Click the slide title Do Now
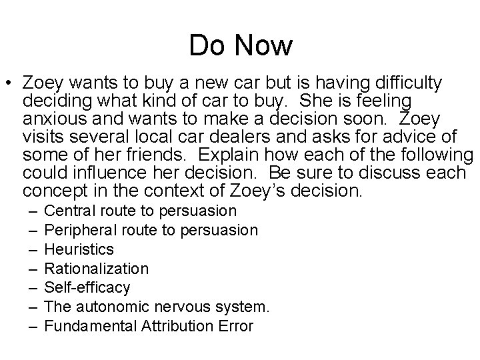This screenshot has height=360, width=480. pyautogui.click(x=241, y=45)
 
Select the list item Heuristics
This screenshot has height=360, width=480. pyautogui.click(x=78, y=250)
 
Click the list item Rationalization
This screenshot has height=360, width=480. pyautogui.click(x=95, y=269)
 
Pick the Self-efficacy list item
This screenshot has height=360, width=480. pyautogui.click(x=86, y=288)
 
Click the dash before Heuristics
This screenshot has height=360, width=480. pyautogui.click(x=32, y=250)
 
